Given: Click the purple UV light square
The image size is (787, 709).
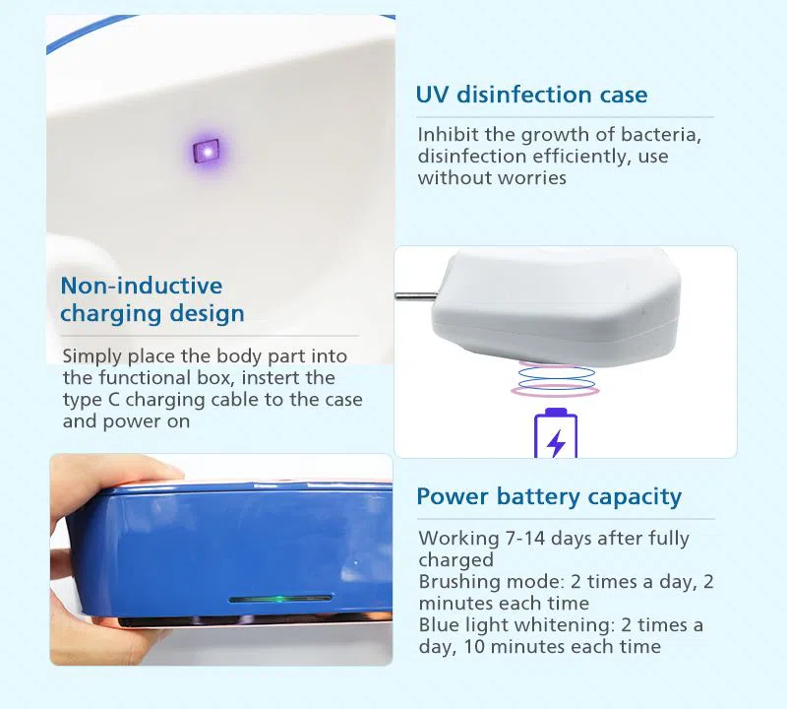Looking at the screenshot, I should coord(206,151).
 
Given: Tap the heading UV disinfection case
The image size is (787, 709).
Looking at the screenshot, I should coord(531,96).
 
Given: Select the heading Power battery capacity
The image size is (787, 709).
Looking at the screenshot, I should coord(548,496).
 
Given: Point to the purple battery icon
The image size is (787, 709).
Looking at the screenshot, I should coord(556,434).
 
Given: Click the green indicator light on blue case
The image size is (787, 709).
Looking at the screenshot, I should coord(279,598).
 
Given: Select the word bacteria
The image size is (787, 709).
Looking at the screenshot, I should coord(666,135).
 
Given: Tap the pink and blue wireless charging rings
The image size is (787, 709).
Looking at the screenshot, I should coord(556,379).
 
